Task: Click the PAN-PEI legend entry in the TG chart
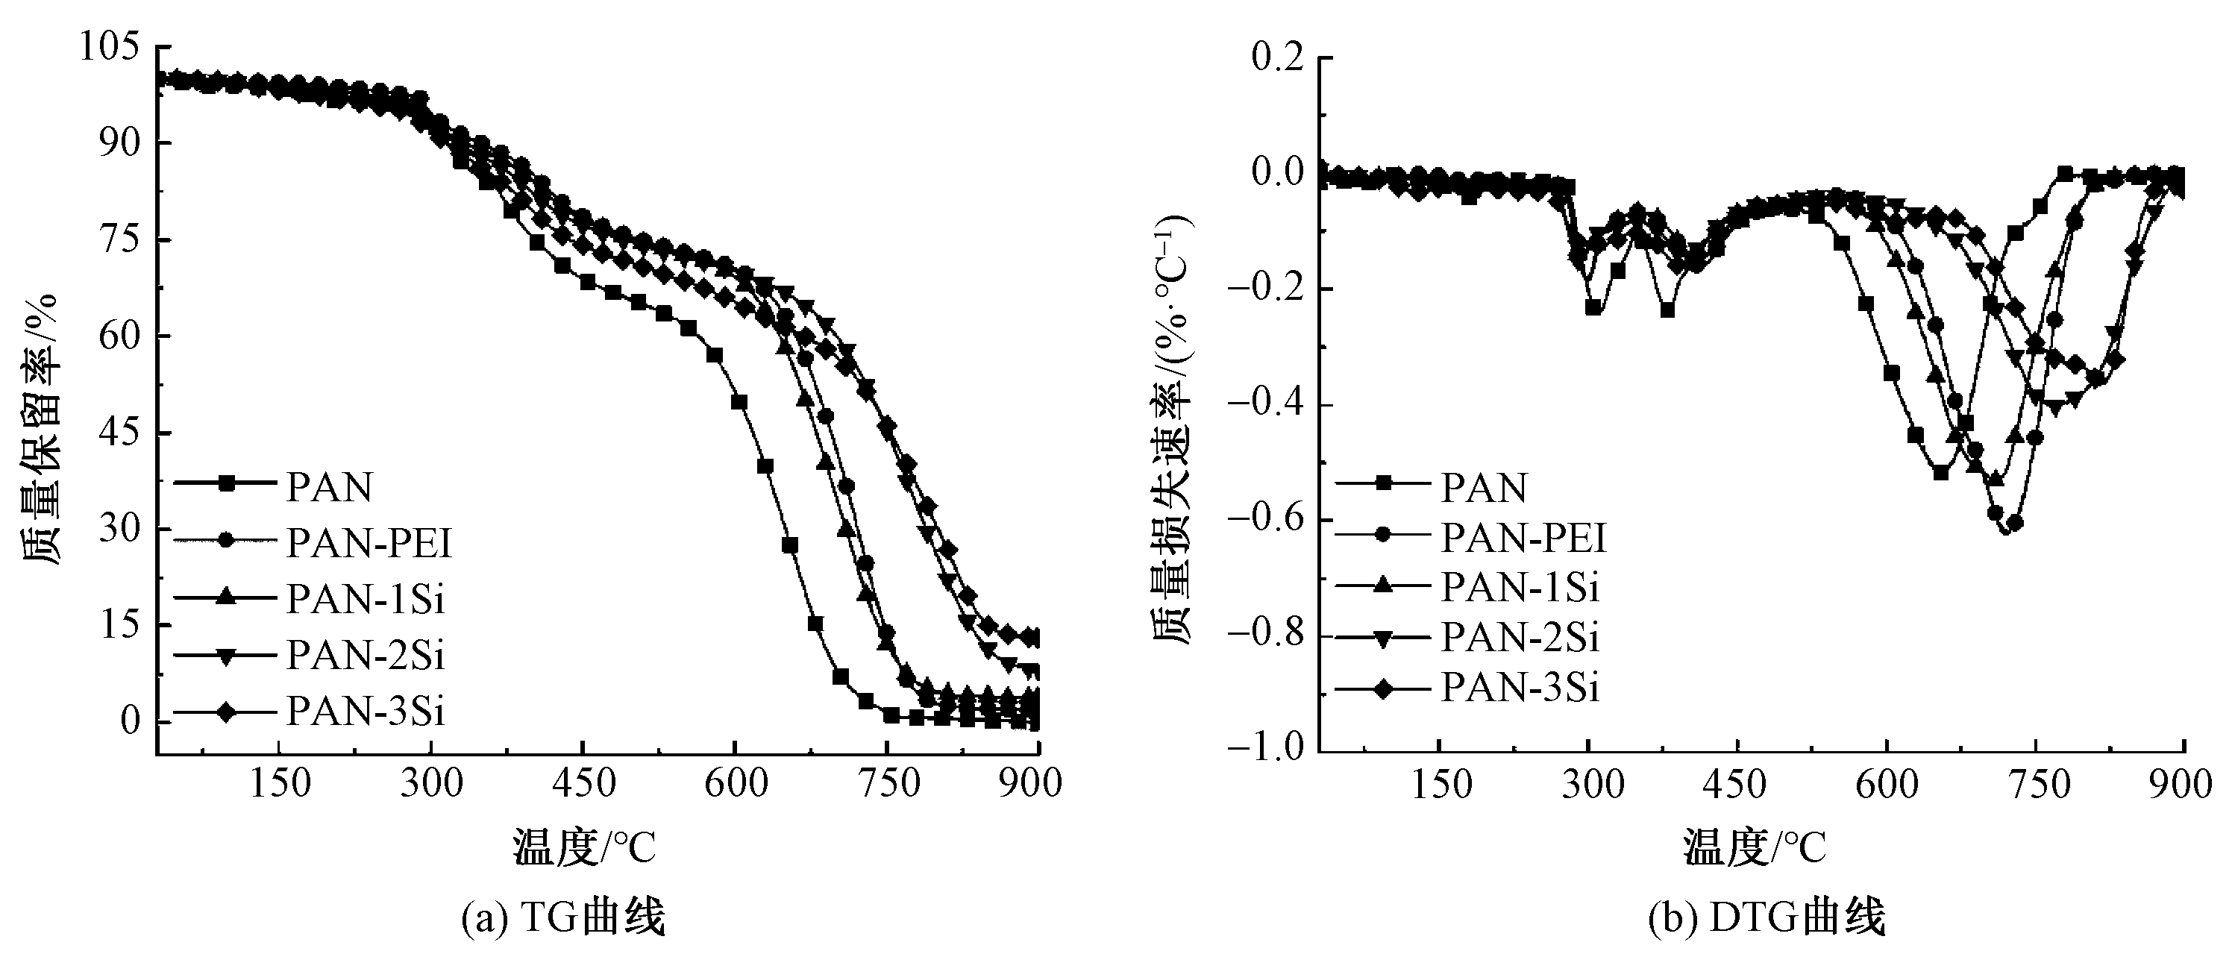pyautogui.click(x=369, y=543)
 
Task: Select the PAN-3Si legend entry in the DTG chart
pyautogui.click(x=1520, y=687)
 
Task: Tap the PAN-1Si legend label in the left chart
pyautogui.click(x=366, y=599)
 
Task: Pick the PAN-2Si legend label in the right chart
pyautogui.click(x=1520, y=637)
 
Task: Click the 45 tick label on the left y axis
pyautogui.click(x=119, y=433)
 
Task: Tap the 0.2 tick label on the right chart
pyautogui.click(x=1277, y=58)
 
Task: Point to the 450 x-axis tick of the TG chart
pyautogui.click(x=583, y=783)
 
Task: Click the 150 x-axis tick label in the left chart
pyautogui.click(x=279, y=783)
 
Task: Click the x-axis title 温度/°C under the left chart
pyautogui.click(x=584, y=847)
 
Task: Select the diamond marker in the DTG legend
pyautogui.click(x=1383, y=688)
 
